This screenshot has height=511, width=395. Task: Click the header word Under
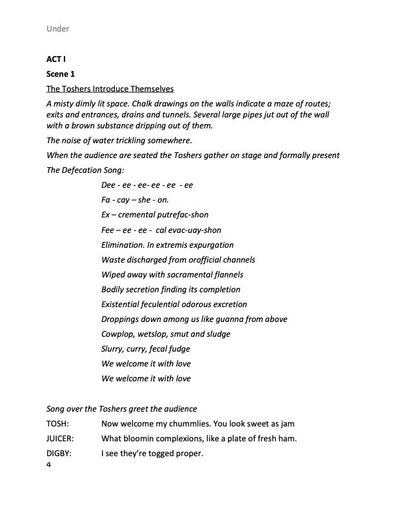(58, 29)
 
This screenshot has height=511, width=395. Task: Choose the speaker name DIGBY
(59, 454)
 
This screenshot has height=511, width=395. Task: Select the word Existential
(123, 305)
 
